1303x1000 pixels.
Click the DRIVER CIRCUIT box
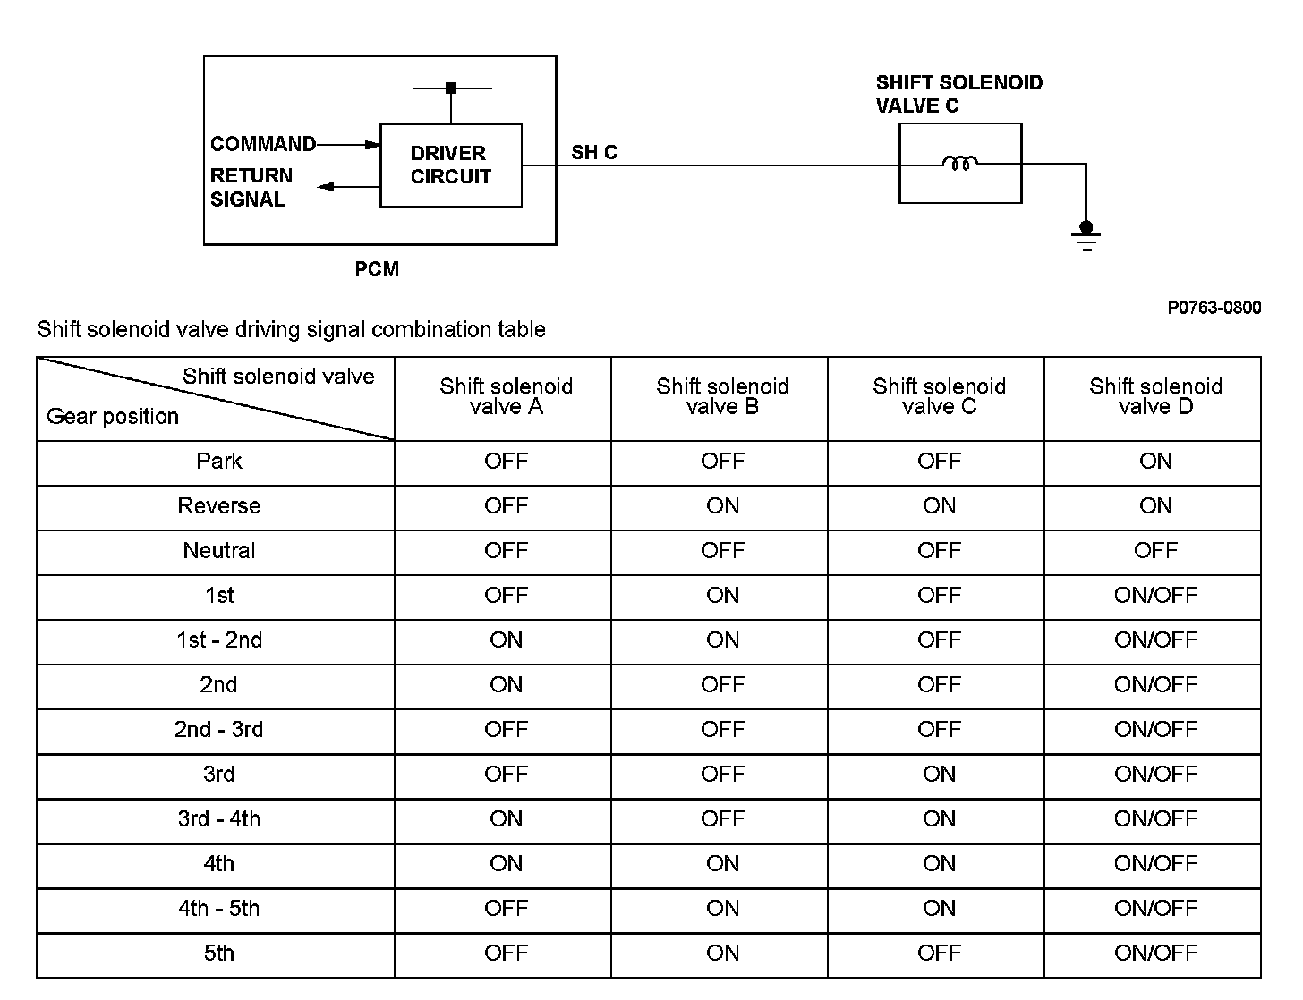450,165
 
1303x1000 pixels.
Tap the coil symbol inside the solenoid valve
959,164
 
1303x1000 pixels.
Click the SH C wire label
594,152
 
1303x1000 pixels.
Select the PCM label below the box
377,269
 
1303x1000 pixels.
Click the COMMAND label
263,144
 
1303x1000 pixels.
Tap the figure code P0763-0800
1214,308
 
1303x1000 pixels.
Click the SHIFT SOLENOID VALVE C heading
958,94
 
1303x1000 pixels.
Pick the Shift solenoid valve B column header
722,396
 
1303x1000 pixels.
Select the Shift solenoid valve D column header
1155,396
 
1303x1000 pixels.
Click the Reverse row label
219,506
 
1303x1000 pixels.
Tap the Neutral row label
219,551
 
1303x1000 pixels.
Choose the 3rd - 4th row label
219,819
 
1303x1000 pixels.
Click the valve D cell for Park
1155,462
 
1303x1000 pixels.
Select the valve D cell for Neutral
1155,551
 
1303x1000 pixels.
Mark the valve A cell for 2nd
506,685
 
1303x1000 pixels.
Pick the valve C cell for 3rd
939,775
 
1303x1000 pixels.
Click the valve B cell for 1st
722,596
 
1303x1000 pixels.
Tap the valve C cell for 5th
939,953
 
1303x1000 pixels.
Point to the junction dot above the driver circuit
451,89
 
